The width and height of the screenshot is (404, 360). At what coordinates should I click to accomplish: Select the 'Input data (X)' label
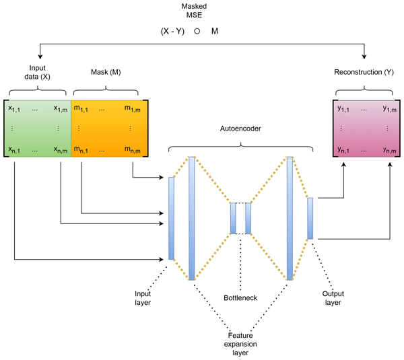(x=37, y=72)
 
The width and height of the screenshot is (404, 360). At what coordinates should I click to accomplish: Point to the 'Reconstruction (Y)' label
(x=364, y=72)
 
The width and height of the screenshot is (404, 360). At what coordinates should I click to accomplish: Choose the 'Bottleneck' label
(x=240, y=297)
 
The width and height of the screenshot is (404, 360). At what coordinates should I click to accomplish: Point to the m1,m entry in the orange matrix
(x=132, y=108)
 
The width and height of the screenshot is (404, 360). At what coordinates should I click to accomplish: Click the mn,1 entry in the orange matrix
(x=83, y=151)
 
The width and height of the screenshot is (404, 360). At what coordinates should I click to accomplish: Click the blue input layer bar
(x=171, y=217)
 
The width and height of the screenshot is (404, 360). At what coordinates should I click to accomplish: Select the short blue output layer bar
(x=310, y=218)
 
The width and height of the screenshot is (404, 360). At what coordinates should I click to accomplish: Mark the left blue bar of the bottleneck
(x=233, y=218)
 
